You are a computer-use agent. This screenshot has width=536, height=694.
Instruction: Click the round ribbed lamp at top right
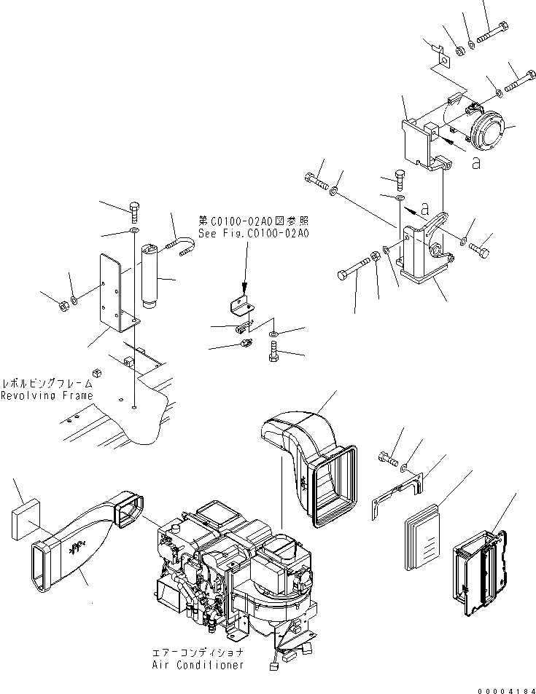[x=487, y=134]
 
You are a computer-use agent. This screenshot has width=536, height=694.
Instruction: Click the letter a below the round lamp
[x=475, y=165]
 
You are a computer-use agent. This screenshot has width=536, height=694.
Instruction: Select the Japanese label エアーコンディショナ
[x=198, y=652]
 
